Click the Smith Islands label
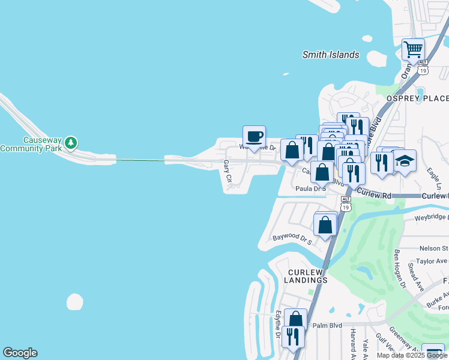[x=330, y=55]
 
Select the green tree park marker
[x=71, y=143]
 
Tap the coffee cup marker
[x=254, y=136]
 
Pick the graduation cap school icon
[x=405, y=161]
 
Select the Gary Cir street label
[x=228, y=170]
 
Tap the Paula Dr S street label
[x=310, y=188]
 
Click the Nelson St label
[x=433, y=248]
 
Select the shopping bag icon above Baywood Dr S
[x=325, y=225]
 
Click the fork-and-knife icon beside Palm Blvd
[x=292, y=336]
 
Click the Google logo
[x=20, y=353]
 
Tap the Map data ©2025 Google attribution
[x=412, y=355]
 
